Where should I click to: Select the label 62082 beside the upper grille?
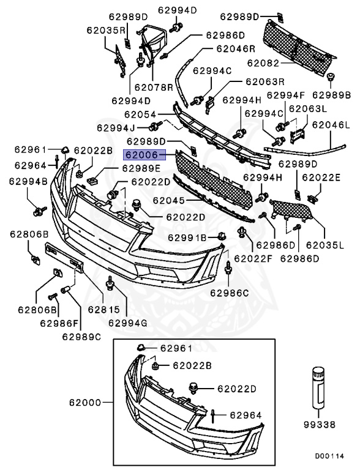pos(264,63)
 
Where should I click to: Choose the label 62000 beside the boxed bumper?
pos(85,403)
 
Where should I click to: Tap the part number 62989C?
pos(81,335)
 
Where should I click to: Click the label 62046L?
pos(331,125)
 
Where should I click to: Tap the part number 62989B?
pos(331,95)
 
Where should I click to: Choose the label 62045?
pos(168,200)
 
